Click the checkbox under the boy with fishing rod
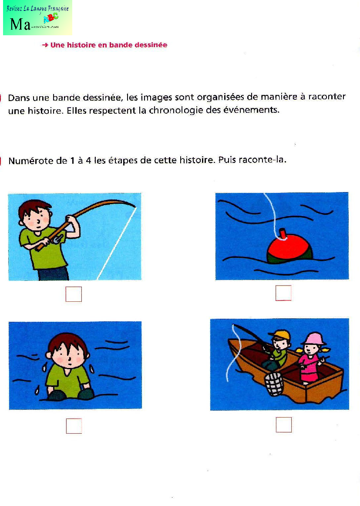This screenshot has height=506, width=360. pos(74,294)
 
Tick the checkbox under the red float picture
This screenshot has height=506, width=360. pos(283,293)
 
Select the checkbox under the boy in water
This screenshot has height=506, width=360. pos(74,426)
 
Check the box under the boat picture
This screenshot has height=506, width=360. pos(283,425)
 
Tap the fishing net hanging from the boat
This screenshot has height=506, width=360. pos(274,383)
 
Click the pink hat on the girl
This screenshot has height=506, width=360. pos(313,338)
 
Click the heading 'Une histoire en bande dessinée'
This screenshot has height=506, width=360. pos(108,45)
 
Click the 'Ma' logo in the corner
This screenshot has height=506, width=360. pos(20,24)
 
